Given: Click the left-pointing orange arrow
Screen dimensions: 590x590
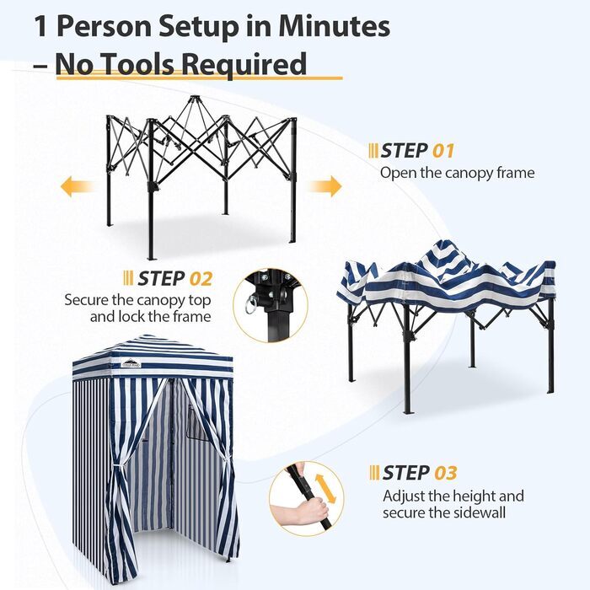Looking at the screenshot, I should [x=76, y=187].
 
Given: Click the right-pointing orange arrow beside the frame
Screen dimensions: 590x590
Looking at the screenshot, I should [x=324, y=186].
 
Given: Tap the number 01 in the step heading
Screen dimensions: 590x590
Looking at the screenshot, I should [x=443, y=152].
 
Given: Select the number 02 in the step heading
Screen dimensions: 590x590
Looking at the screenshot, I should [x=198, y=279].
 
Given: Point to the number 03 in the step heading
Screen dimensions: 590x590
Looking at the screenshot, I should [x=445, y=473].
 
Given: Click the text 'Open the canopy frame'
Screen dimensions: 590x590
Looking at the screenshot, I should [x=457, y=174].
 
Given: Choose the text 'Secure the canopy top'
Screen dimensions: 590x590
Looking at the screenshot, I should [x=137, y=299].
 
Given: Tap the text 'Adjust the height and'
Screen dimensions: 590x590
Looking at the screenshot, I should [x=453, y=496].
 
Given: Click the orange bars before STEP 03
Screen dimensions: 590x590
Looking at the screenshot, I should [x=373, y=473].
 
